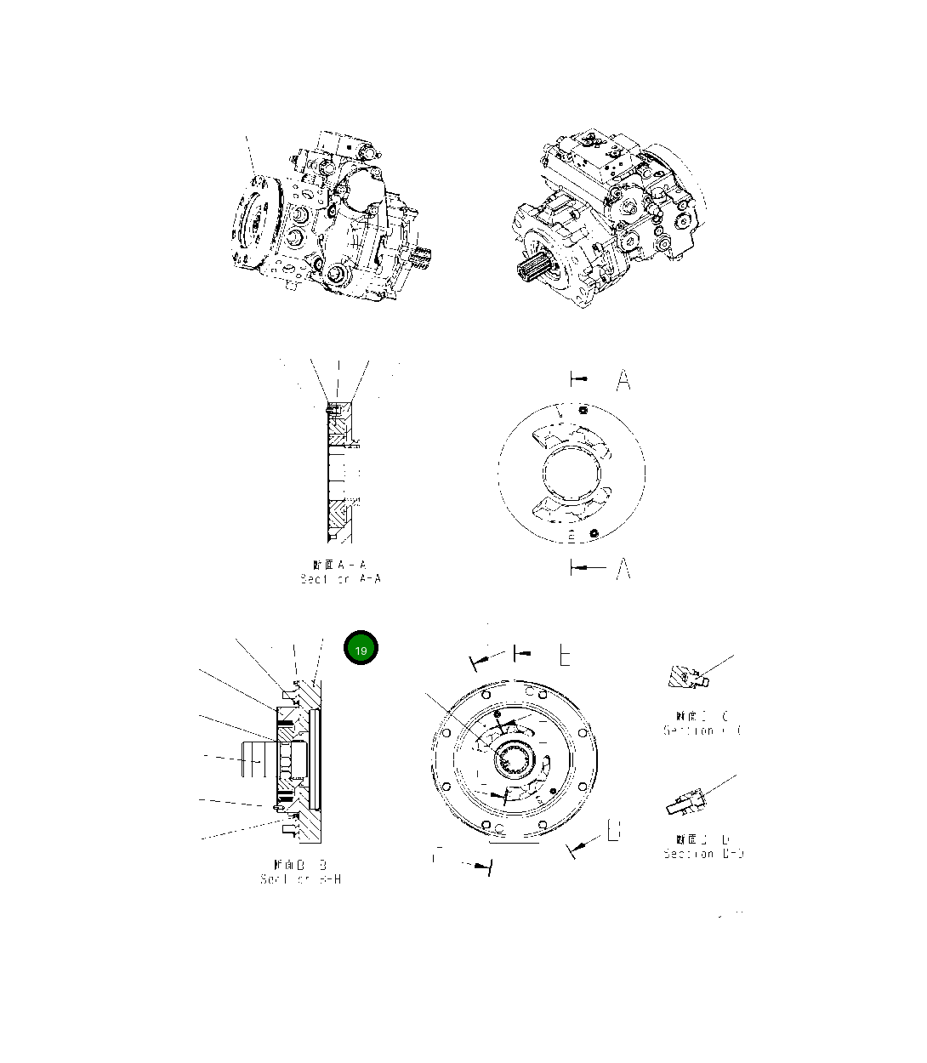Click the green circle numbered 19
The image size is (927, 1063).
pos(361,649)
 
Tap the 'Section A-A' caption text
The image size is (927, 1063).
pos(340,571)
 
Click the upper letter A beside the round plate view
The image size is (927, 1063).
pos(623,379)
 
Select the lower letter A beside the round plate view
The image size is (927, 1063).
pos(623,567)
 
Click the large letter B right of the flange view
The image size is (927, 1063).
pos(614,830)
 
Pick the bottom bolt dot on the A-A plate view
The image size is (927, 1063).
pos(594,532)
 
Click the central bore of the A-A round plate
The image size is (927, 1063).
pos(571,472)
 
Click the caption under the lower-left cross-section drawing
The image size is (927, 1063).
pos(301,872)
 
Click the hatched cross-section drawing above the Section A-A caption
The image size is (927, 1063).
pos(339,472)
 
